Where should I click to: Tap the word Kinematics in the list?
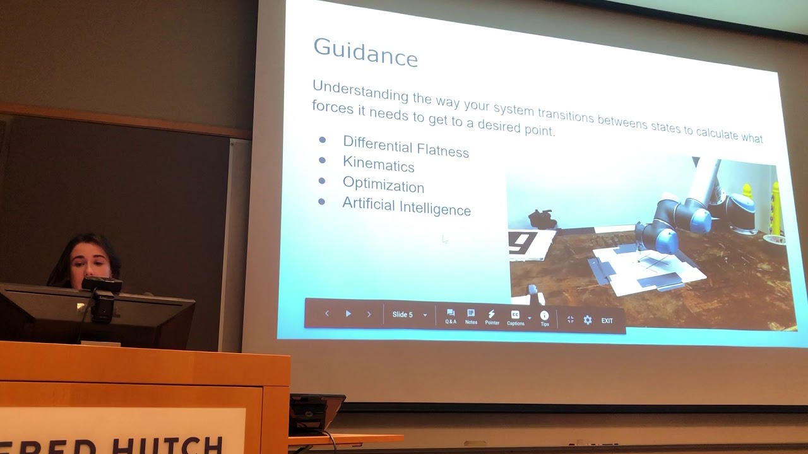(x=378, y=165)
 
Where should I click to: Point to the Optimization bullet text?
(x=383, y=185)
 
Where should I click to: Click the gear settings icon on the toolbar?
(x=588, y=320)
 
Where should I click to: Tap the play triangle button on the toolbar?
(x=348, y=313)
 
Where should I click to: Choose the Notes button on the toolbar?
(x=471, y=316)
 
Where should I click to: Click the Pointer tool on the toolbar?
(x=492, y=317)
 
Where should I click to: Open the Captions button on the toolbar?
(x=515, y=317)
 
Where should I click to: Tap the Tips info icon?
(x=545, y=317)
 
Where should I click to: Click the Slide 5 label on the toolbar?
(x=403, y=315)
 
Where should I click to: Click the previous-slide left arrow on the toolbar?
(x=327, y=313)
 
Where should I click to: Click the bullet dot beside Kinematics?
(x=322, y=160)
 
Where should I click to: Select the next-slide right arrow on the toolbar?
(x=369, y=314)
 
